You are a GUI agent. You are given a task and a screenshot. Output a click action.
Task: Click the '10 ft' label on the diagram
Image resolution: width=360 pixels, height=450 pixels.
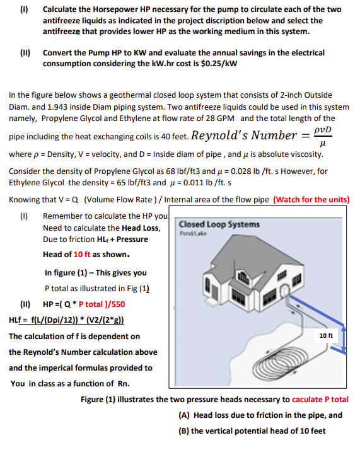tap(326, 336)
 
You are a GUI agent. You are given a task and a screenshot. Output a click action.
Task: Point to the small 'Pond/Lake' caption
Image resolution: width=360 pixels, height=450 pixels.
tap(190, 234)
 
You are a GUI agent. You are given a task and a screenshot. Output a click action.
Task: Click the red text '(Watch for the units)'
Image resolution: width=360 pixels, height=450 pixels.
tap(311, 200)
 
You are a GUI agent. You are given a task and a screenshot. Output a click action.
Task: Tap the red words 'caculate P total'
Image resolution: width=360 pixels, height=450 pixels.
tap(320, 400)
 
